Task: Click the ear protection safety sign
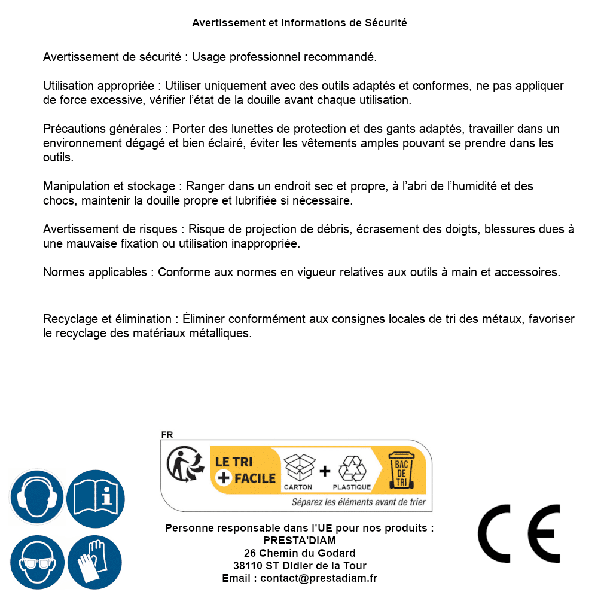(x=36, y=496)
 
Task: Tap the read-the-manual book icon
(x=96, y=496)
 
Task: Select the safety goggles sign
(x=36, y=563)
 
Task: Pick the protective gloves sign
(x=94, y=563)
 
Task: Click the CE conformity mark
(x=519, y=534)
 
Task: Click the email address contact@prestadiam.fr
(x=319, y=578)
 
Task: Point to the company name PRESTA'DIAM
(x=300, y=541)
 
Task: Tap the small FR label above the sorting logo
(x=166, y=435)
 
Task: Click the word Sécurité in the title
(x=386, y=23)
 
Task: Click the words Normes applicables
(x=94, y=273)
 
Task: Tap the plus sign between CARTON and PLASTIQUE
(x=324, y=471)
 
